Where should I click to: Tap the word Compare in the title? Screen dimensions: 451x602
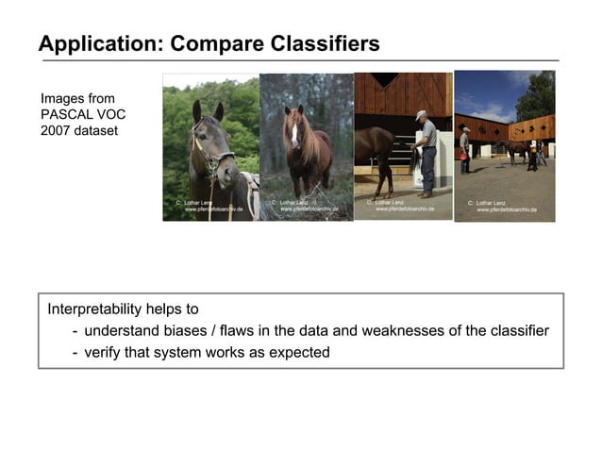coord(208,43)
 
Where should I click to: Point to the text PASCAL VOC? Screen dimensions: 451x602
coord(83,114)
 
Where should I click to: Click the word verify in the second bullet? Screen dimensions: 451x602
coord(104,353)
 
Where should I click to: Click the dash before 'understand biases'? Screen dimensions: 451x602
coord(75,331)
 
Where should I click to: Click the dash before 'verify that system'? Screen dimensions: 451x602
coord(75,353)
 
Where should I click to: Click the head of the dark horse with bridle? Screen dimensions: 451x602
coord(209,142)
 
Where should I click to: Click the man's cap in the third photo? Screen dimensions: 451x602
coord(421,114)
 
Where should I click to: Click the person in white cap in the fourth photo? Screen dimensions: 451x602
coord(464,146)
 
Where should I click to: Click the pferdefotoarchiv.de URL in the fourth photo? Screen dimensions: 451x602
coord(506,209)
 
